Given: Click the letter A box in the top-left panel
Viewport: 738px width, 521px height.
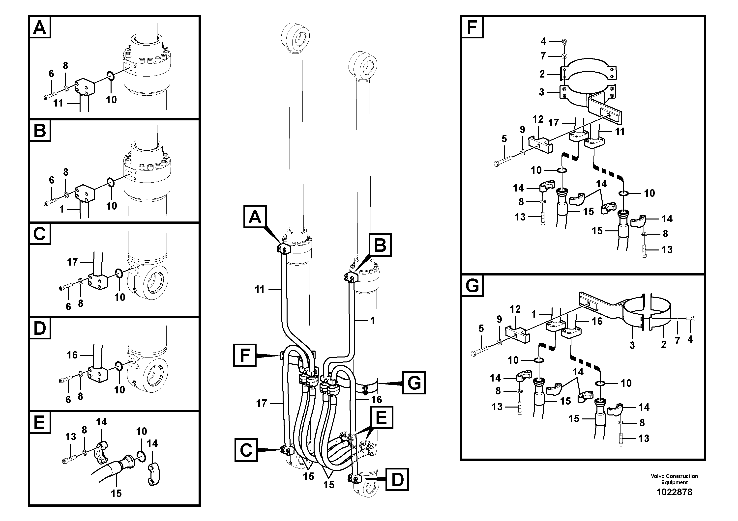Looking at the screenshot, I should tap(40, 28).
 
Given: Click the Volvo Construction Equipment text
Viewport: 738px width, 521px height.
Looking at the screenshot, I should tap(674, 479).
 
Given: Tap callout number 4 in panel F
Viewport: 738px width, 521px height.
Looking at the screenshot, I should tap(543, 41).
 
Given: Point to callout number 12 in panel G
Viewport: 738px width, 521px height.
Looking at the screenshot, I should tap(515, 309).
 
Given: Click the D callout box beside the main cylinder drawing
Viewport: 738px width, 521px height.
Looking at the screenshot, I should tap(397, 480).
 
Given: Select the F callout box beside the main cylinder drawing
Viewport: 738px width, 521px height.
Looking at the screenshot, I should tap(245, 355).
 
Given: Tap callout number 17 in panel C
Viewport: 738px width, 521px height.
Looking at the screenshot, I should tap(72, 262).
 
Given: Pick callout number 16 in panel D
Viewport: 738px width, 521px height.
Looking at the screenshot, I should tap(72, 355).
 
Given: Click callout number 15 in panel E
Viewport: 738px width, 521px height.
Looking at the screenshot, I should tap(116, 493).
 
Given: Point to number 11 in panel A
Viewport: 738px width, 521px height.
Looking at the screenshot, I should tap(58, 103).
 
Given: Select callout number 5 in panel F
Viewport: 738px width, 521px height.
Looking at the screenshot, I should tap(504, 139).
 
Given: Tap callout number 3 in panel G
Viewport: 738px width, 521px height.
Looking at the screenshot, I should tap(632, 345).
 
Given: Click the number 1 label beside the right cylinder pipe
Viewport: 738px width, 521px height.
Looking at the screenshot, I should tap(373, 321).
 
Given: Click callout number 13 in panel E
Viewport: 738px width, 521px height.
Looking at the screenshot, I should tap(71, 437).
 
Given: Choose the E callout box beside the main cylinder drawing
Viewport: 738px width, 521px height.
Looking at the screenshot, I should tap(381, 418).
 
